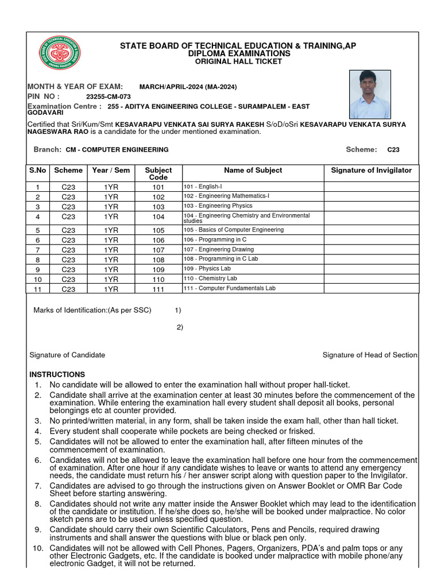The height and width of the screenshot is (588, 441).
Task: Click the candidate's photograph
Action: pyautogui.click(x=370, y=94)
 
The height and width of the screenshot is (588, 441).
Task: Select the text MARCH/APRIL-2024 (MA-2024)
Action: pyautogui.click(x=184, y=87)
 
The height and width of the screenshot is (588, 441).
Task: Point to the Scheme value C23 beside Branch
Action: pyautogui.click(x=393, y=149)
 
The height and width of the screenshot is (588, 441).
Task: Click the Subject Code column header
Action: pyautogui.click(x=158, y=173)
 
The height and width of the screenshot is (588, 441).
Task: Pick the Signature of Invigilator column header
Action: pyautogui.click(x=371, y=170)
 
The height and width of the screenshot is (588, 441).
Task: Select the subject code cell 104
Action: pyautogui.click(x=158, y=217)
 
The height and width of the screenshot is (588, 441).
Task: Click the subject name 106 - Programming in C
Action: pyautogui.click(x=215, y=239)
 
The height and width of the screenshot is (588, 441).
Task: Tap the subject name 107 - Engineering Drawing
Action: pyautogui.click(x=218, y=250)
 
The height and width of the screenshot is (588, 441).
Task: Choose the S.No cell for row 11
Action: pyautogui.click(x=38, y=289)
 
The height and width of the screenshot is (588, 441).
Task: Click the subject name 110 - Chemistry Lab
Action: pyautogui.click(x=210, y=278)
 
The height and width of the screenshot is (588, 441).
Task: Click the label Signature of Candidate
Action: pyautogui.click(x=67, y=355)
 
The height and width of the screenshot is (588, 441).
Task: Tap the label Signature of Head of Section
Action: pyautogui.click(x=370, y=355)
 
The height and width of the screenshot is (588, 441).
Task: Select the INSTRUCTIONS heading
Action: pyautogui.click(x=57, y=374)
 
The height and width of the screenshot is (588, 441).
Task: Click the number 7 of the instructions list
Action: pyautogui.click(x=38, y=486)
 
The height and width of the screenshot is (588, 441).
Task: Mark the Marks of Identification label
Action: pyautogui.click(x=92, y=310)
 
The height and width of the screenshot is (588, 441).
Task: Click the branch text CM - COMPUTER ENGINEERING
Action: pyautogui.click(x=117, y=149)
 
